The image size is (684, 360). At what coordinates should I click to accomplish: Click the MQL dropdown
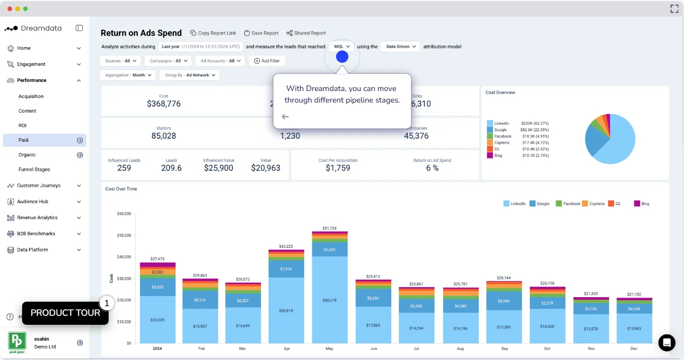[x=341, y=46]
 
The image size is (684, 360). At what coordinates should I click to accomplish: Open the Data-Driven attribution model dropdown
[x=400, y=46]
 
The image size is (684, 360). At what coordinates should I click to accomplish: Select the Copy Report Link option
[x=213, y=33]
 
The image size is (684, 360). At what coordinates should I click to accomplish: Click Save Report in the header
[x=261, y=33]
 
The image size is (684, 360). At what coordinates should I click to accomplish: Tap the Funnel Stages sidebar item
[x=34, y=169]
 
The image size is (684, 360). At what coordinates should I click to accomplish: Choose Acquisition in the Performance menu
[x=31, y=97]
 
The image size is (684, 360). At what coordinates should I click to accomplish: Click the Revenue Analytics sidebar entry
[x=37, y=218]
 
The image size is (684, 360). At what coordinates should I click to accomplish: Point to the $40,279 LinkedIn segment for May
[x=330, y=300]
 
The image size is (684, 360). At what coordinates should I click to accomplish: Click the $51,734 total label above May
[x=330, y=228]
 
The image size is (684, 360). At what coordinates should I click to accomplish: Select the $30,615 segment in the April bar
[x=286, y=311]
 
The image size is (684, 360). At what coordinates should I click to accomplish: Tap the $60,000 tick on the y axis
[x=124, y=214]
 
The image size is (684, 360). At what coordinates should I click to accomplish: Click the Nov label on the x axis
[x=591, y=348]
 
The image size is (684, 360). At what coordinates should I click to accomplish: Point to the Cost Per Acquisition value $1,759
[x=338, y=168]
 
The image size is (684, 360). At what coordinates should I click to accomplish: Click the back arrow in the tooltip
[x=285, y=117]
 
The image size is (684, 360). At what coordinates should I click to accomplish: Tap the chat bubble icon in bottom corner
[x=667, y=342]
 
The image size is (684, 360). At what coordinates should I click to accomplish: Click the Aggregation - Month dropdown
[x=127, y=75]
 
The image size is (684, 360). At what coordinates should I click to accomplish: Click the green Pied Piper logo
[x=17, y=341]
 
